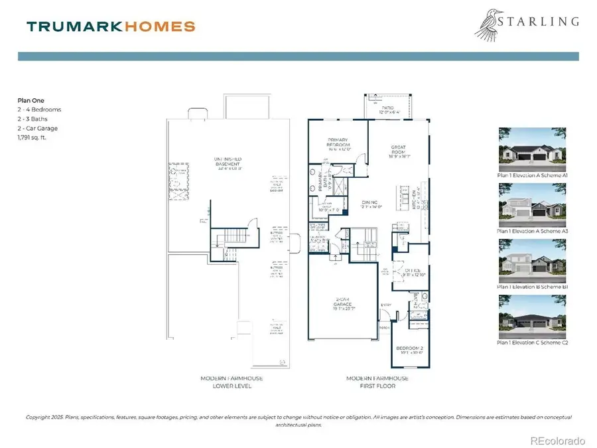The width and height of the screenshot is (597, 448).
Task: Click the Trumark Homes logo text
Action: tap(111, 27)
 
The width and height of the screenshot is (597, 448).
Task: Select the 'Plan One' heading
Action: tap(31, 100)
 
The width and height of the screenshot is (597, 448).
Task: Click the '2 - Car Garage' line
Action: tap(38, 128)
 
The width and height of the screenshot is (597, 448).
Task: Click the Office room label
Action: tap(406, 271)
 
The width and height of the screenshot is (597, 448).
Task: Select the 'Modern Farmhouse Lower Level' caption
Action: tap(232, 382)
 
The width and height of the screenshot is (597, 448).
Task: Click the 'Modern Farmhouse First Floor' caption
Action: tap(377, 382)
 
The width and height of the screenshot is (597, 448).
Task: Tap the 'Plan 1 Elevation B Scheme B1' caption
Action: tap(533, 287)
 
